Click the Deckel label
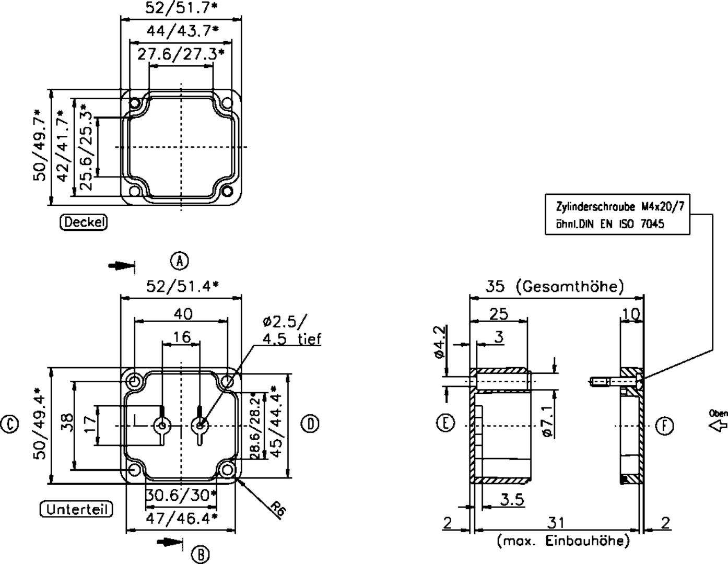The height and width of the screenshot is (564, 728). pyautogui.click(x=84, y=222)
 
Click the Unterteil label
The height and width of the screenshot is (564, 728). pyautogui.click(x=76, y=509)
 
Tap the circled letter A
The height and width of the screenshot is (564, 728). pyautogui.click(x=180, y=261)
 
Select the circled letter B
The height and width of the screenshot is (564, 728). pyautogui.click(x=201, y=554)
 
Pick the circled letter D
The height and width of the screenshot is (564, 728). pyautogui.click(x=311, y=424)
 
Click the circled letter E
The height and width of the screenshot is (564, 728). pyautogui.click(x=446, y=422)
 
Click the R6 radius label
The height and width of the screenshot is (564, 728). pyautogui.click(x=278, y=510)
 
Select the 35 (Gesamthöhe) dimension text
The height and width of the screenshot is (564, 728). pyautogui.click(x=555, y=286)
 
